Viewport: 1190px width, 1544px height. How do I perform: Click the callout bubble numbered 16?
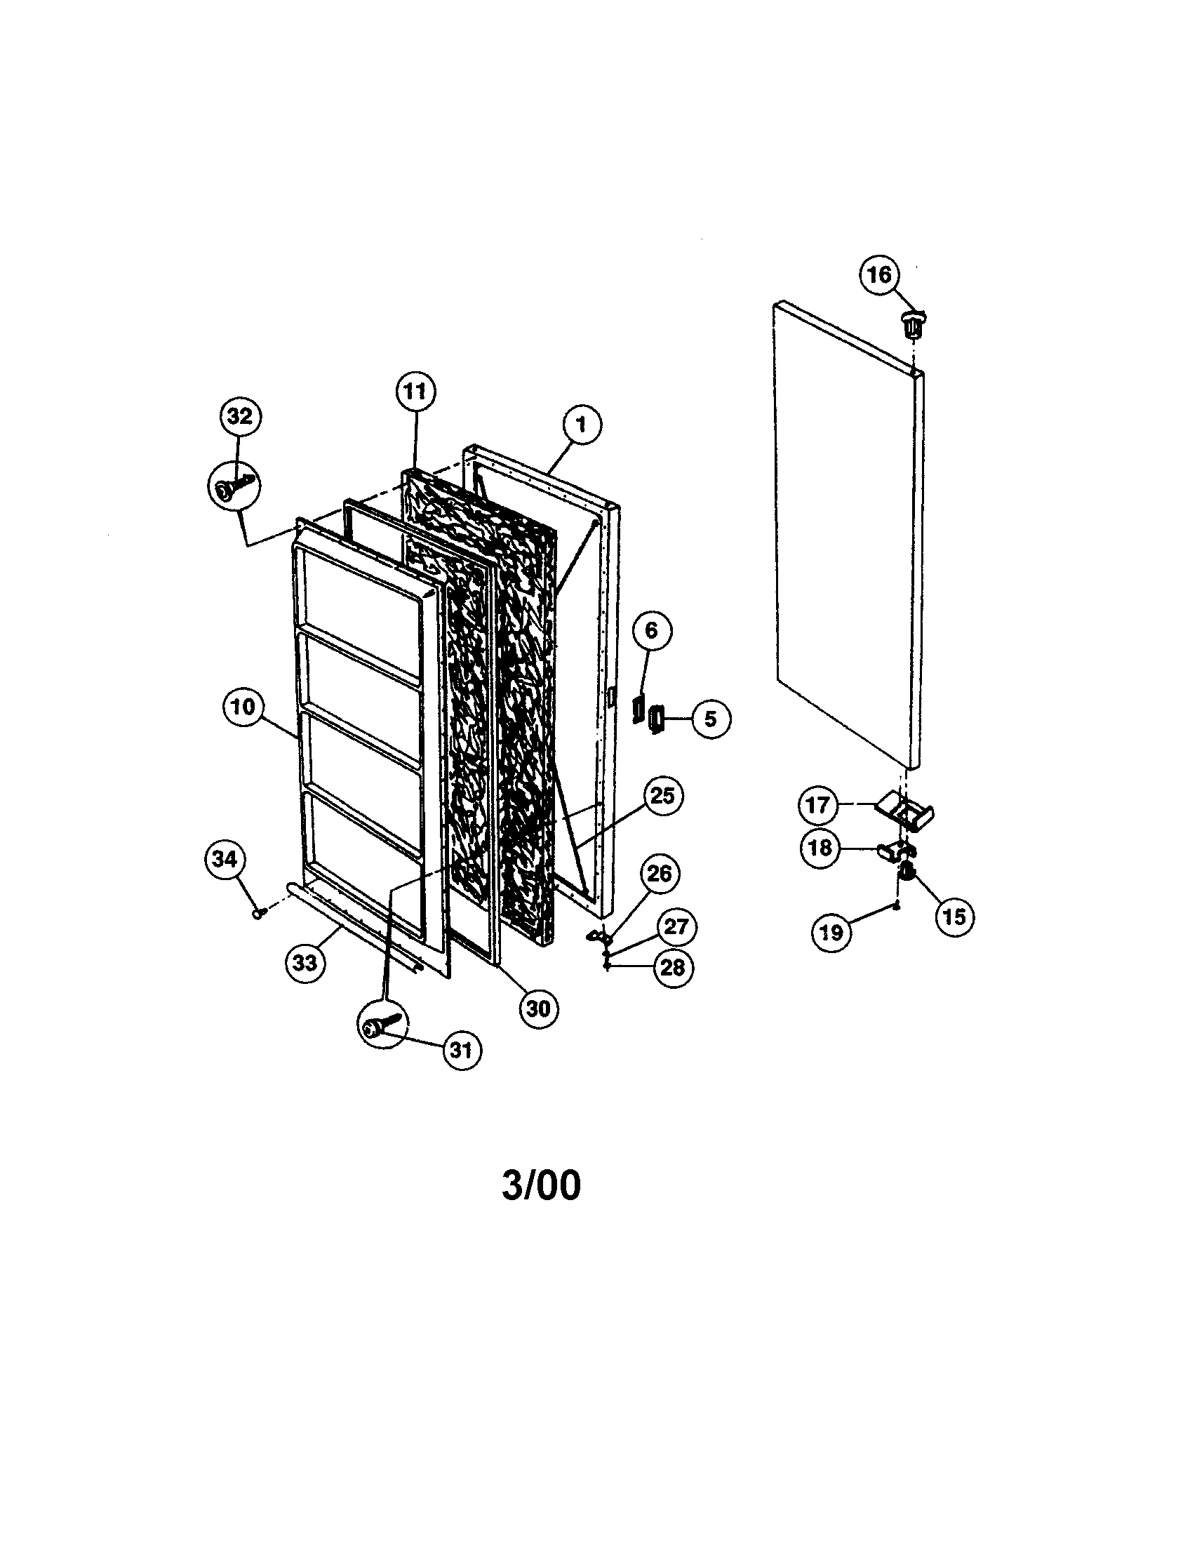pyautogui.click(x=879, y=274)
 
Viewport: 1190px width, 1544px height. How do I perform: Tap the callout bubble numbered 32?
pyautogui.click(x=240, y=416)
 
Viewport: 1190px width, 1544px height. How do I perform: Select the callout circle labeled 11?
pyautogui.click(x=415, y=391)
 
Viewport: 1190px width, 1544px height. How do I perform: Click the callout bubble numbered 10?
pyautogui.click(x=242, y=706)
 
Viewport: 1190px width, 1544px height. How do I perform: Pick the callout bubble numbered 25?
pyautogui.click(x=662, y=796)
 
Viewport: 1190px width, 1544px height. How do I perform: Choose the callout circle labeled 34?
pyautogui.click(x=225, y=859)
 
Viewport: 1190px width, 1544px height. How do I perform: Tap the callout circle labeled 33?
pyautogui.click(x=305, y=962)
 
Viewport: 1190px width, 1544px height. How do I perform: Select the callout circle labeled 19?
pyautogui.click(x=831, y=932)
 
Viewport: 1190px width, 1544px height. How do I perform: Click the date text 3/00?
pyautogui.click(x=541, y=1185)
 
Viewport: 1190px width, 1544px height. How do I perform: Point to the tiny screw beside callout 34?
pyautogui.click(x=258, y=914)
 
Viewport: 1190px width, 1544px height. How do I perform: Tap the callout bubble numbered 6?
pyautogui.click(x=651, y=630)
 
